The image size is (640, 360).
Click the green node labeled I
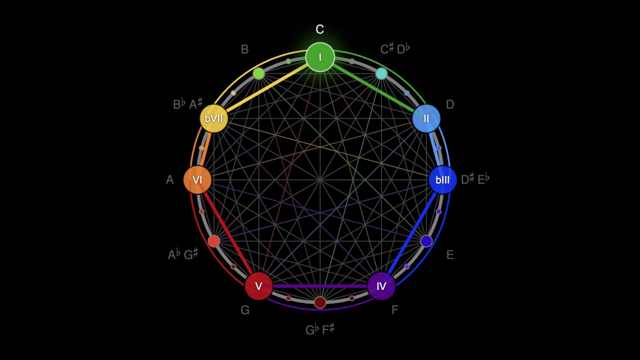(x=320, y=57)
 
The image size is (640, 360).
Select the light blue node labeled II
(x=426, y=118)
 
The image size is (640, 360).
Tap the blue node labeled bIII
(x=442, y=180)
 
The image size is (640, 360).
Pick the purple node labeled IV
(x=381, y=286)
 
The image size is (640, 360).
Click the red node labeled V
(x=258, y=286)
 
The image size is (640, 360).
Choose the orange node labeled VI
(x=197, y=180)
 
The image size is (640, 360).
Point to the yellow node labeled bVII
(x=214, y=118)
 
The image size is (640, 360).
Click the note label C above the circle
(x=320, y=30)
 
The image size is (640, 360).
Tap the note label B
(x=244, y=49)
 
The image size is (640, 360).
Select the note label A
(x=170, y=180)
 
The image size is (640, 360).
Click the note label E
(x=450, y=255)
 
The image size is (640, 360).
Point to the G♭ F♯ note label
(x=320, y=329)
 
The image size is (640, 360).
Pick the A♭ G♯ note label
(x=183, y=255)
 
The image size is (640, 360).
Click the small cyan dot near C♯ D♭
(x=381, y=74)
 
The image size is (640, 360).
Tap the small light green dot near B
(x=258, y=74)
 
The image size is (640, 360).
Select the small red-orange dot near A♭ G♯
(x=213, y=241)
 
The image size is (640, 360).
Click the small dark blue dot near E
(x=426, y=241)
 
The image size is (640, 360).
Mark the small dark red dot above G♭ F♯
(x=320, y=302)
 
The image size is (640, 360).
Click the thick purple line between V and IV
(x=320, y=286)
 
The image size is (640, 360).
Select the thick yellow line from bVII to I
(x=267, y=88)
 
